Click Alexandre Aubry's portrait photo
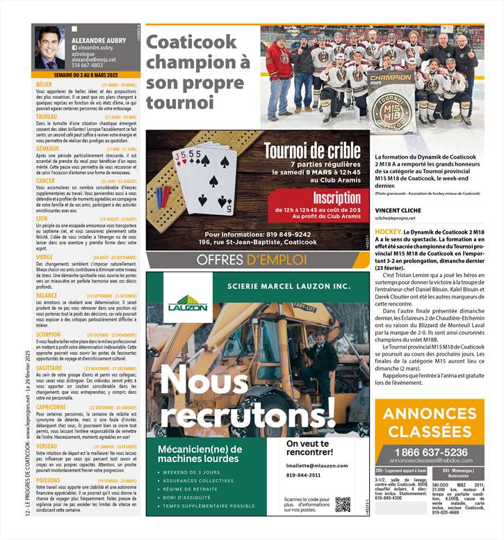[50, 47]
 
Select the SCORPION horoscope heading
[48, 333]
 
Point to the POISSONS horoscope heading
[48, 480]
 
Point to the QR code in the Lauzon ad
[343, 504]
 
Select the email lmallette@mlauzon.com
[317, 466]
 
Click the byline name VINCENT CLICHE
[398, 209]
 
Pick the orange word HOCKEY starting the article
[387, 230]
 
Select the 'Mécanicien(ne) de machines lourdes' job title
[200, 454]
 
